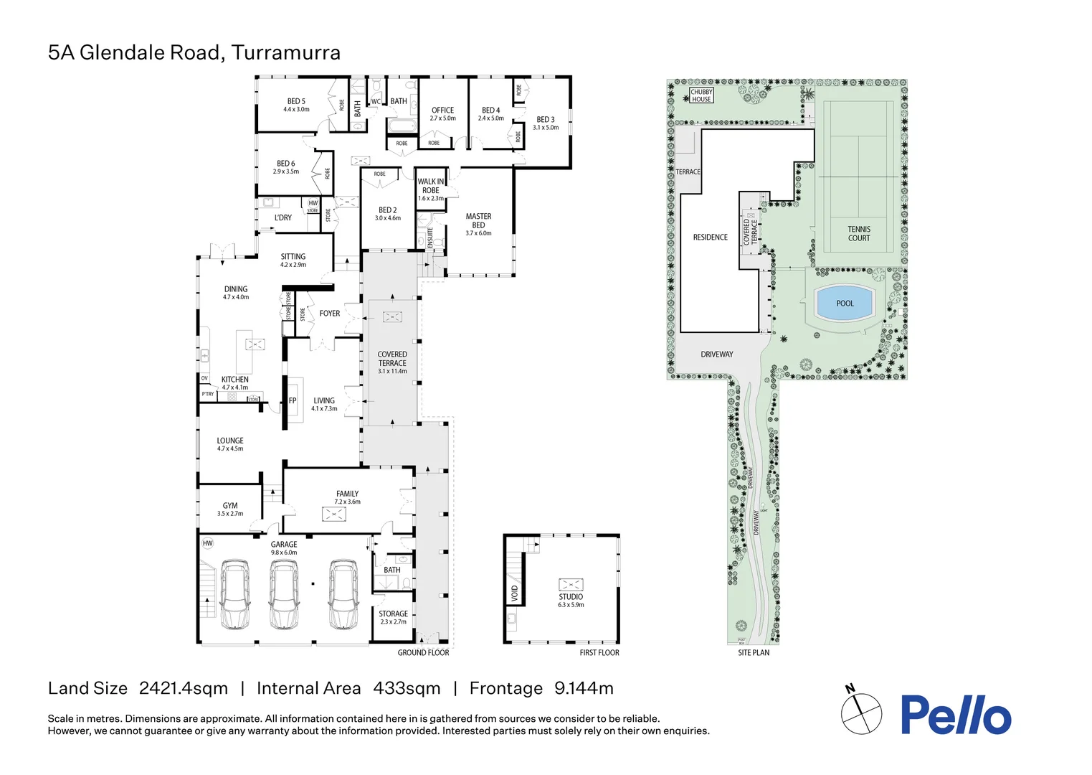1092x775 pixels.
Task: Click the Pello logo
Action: click(x=956, y=715)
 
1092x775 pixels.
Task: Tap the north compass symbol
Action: click(x=861, y=713)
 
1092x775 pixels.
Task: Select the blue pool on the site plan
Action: click(x=845, y=304)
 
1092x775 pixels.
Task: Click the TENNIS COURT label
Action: click(x=858, y=234)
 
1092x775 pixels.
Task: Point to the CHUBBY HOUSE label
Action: click(x=701, y=95)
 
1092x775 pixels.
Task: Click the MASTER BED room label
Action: click(x=478, y=221)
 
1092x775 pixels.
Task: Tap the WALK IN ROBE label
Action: click(x=431, y=187)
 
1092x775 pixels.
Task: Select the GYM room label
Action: click(x=230, y=506)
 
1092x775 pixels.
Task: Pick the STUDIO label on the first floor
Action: click(x=571, y=597)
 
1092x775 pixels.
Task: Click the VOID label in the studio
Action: click(x=514, y=593)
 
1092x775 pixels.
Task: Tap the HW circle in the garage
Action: click(x=208, y=543)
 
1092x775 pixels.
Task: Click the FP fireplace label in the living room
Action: click(x=293, y=401)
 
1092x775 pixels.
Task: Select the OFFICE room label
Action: click(x=442, y=111)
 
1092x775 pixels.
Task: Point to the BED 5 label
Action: click(x=296, y=102)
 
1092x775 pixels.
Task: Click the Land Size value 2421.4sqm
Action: click(x=184, y=689)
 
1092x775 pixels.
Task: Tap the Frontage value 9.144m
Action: click(x=584, y=689)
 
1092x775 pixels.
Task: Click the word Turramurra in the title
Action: click(x=286, y=53)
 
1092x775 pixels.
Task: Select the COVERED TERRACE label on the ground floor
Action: click(x=392, y=359)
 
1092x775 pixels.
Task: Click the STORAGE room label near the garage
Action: click(x=393, y=614)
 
